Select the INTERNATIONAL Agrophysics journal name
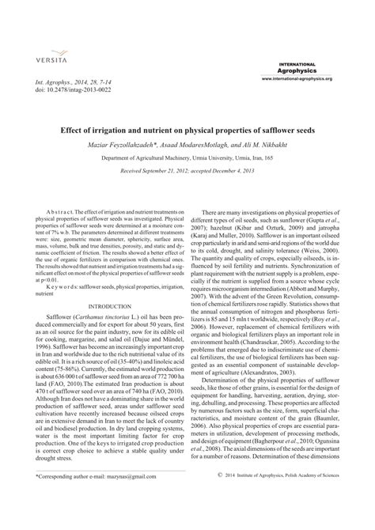tap(297, 67)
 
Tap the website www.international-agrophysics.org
tap(297, 79)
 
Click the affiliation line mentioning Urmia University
tap(187, 158)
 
